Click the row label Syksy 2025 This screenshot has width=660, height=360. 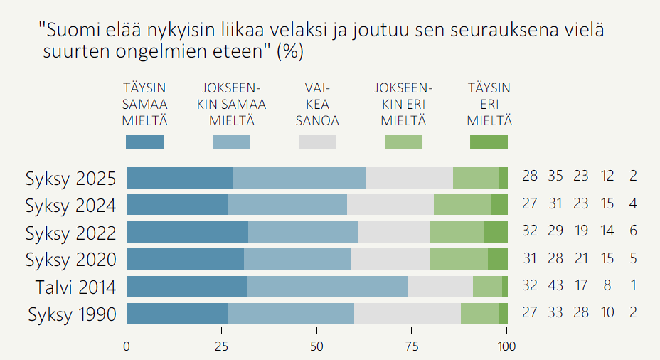coord(70,178)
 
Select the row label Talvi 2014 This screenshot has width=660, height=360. coord(76,287)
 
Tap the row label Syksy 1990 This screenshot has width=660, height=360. coord(71,314)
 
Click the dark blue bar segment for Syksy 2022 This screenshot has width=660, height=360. coord(187,233)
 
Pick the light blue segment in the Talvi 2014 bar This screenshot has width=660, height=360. coord(328,287)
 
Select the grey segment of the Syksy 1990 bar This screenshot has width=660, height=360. coord(408,314)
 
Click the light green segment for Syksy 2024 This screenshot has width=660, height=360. coord(462,205)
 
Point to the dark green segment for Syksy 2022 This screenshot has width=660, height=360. coord(496,233)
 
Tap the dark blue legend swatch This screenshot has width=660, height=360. coord(144,142)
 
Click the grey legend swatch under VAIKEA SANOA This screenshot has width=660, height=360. coord(317,142)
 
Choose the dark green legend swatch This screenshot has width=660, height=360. coord(489,142)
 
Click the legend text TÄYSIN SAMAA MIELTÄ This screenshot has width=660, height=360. coord(144,104)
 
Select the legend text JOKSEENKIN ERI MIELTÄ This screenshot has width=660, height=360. coord(403,104)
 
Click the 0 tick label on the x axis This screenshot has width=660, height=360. coord(127,348)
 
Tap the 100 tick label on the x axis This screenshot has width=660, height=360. coord(507,348)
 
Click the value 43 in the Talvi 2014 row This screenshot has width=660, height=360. coord(555,287)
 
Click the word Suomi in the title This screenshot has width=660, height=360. coord(68,31)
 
